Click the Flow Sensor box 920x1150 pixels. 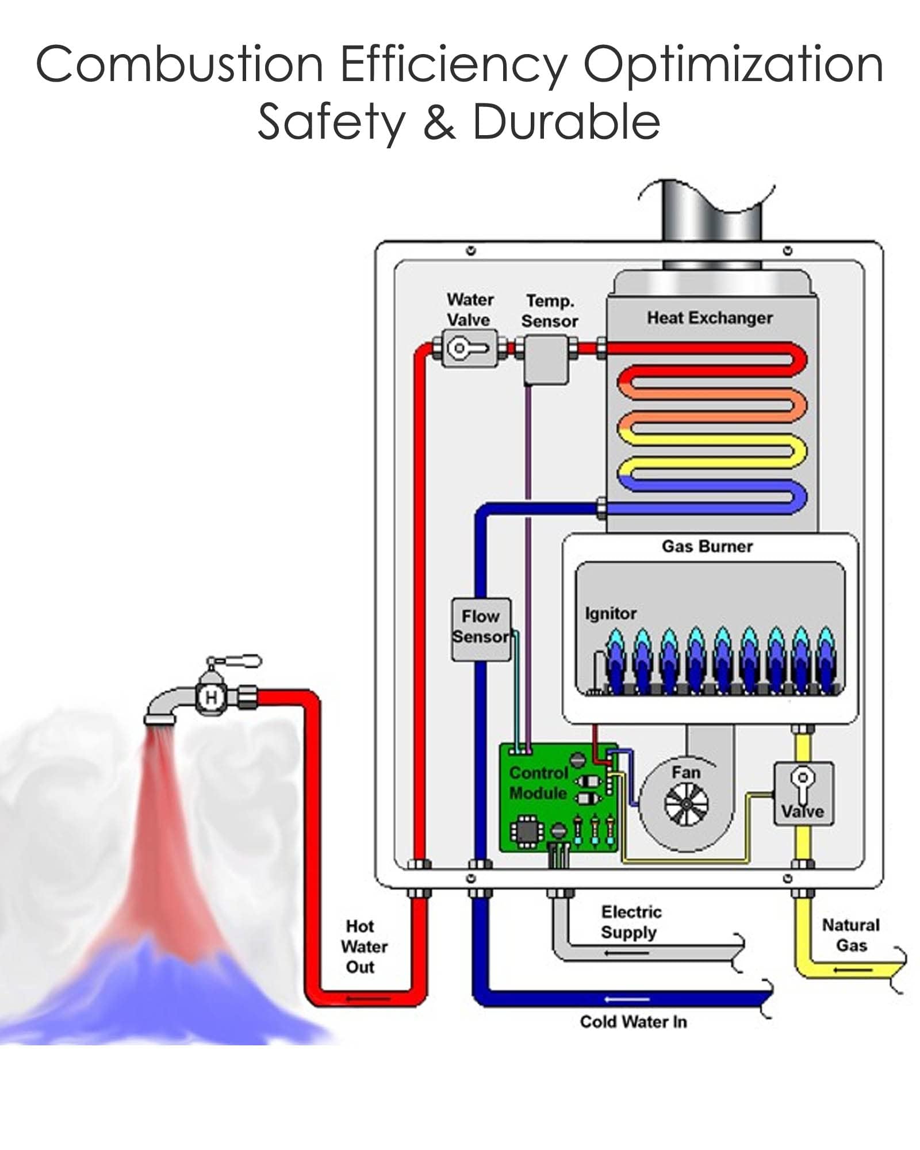481,628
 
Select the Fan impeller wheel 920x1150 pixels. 686,803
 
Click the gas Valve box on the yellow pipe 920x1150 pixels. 803,793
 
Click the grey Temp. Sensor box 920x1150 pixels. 546,359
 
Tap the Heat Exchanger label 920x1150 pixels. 710,318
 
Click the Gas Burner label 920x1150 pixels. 707,546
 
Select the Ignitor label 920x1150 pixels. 610,614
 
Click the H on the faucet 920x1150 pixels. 211,697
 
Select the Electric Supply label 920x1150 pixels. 630,922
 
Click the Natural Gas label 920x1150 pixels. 850,935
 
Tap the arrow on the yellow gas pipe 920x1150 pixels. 853,971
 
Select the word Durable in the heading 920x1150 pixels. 566,122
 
